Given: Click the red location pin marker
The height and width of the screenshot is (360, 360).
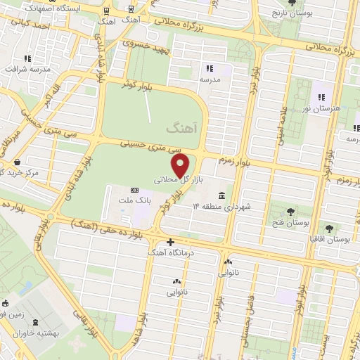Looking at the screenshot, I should tap(181, 165).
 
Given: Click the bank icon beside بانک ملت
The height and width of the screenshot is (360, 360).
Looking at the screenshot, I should tap(135, 191).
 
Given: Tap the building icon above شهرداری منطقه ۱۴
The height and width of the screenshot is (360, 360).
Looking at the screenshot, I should tap(222, 195).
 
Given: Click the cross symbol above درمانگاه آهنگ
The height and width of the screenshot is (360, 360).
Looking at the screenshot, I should tap(170, 241).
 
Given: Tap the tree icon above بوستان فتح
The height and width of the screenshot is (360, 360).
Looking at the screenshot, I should tap(290, 210).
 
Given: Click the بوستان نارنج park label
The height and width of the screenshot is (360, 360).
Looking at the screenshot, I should tap(295, 13).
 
